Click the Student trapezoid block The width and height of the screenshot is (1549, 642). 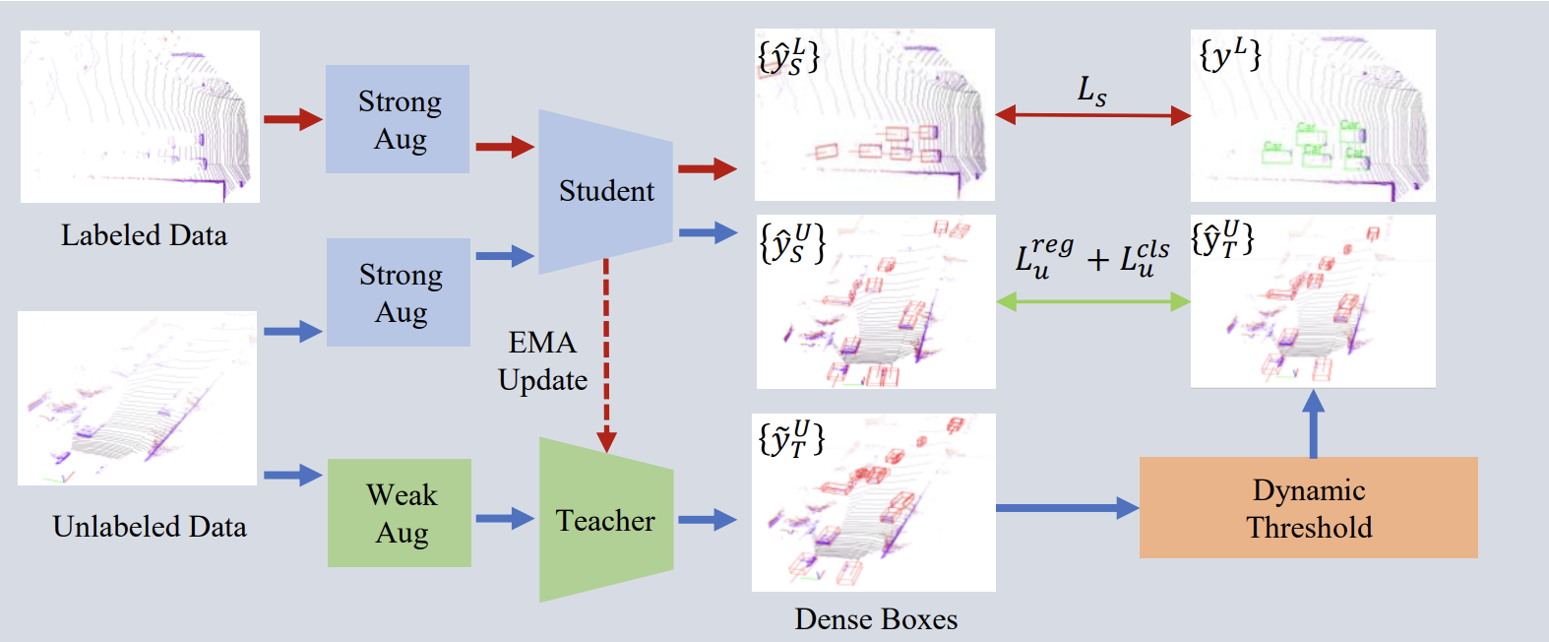(x=605, y=191)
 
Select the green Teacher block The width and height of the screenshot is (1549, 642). (x=605, y=520)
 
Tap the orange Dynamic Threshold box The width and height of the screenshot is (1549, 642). (x=1308, y=508)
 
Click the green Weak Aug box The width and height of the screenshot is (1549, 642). (x=400, y=513)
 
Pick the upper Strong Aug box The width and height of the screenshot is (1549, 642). (x=398, y=119)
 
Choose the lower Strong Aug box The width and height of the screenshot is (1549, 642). (x=399, y=292)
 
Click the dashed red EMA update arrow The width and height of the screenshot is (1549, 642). (x=606, y=354)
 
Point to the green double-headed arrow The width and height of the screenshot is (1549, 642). (x=1093, y=301)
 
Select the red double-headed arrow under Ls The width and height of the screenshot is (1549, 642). (x=1092, y=115)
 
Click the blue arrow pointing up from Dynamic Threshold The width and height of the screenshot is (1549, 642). (x=1313, y=423)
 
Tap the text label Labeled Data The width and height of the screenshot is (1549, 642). (x=144, y=235)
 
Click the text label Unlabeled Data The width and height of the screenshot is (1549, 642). (x=150, y=527)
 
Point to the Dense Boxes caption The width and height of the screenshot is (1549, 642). (x=876, y=619)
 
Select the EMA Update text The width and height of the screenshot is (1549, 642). (x=542, y=361)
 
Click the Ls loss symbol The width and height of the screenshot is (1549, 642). (x=1091, y=91)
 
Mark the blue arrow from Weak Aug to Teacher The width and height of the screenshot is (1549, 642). (x=505, y=519)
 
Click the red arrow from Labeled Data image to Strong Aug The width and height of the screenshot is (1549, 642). (x=292, y=119)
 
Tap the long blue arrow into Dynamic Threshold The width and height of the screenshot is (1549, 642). (x=1067, y=508)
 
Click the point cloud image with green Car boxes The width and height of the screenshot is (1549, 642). (x=1313, y=115)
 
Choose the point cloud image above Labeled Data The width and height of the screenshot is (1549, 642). (x=140, y=116)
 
